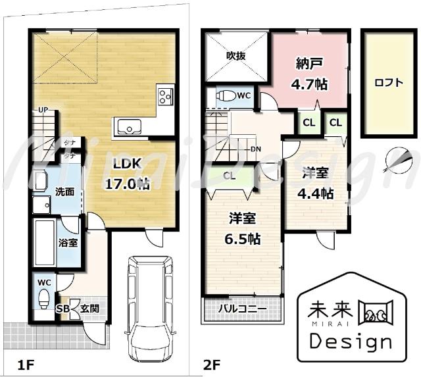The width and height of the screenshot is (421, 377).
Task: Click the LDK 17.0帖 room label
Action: pyautogui.click(x=128, y=173)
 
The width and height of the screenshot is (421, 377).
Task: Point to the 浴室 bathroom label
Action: pyautogui.click(x=68, y=243)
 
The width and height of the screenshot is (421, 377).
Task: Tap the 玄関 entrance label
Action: pyautogui.click(x=90, y=308)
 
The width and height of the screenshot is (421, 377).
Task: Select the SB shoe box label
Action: pyautogui.click(x=62, y=308)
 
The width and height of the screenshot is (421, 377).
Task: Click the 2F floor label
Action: pyautogui.click(x=211, y=363)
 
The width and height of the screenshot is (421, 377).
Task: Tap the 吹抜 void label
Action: pyautogui.click(x=235, y=56)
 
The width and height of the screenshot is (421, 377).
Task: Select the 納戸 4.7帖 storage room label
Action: pyautogui.click(x=309, y=74)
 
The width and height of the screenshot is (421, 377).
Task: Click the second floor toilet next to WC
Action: pyautogui.click(x=226, y=95)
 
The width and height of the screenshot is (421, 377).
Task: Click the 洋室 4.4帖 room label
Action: pyautogui.click(x=316, y=184)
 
